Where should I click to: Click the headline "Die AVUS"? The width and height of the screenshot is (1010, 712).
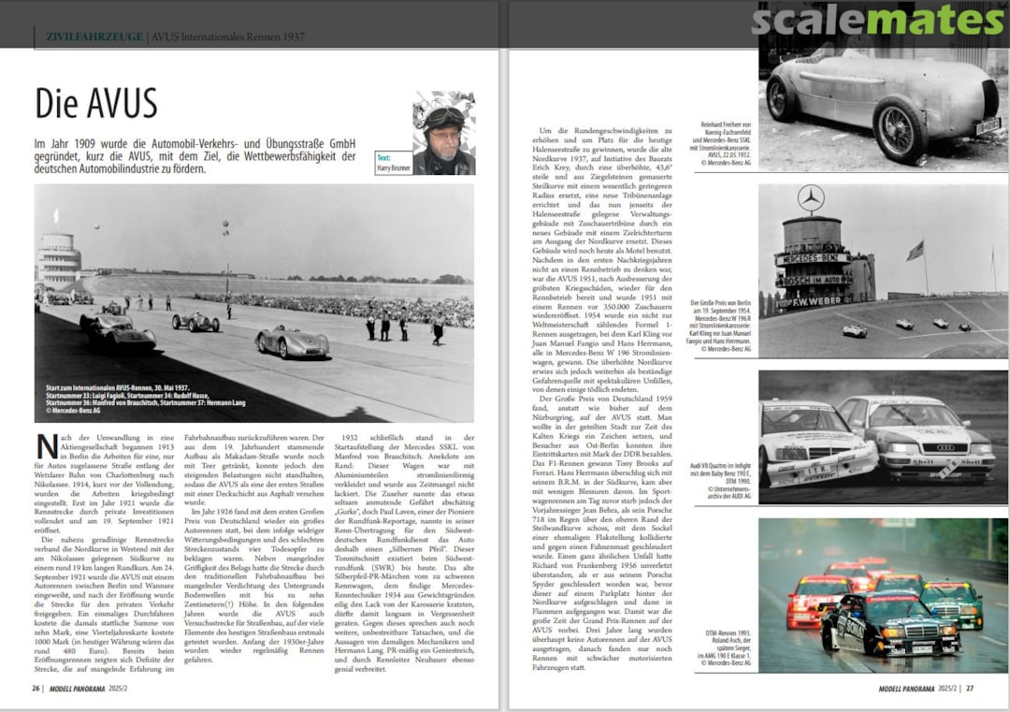tap(96, 103)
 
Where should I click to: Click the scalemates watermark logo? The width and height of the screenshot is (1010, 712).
tap(877, 21)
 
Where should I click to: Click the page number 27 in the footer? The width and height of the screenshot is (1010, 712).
tap(970, 688)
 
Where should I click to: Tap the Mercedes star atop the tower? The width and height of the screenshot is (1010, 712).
tap(811, 198)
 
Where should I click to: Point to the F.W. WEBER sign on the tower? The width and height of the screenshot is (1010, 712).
tap(813, 302)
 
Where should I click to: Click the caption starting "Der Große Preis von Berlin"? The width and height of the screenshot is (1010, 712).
tap(717, 327)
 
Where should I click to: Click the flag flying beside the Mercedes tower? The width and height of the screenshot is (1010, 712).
tap(914, 251)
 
